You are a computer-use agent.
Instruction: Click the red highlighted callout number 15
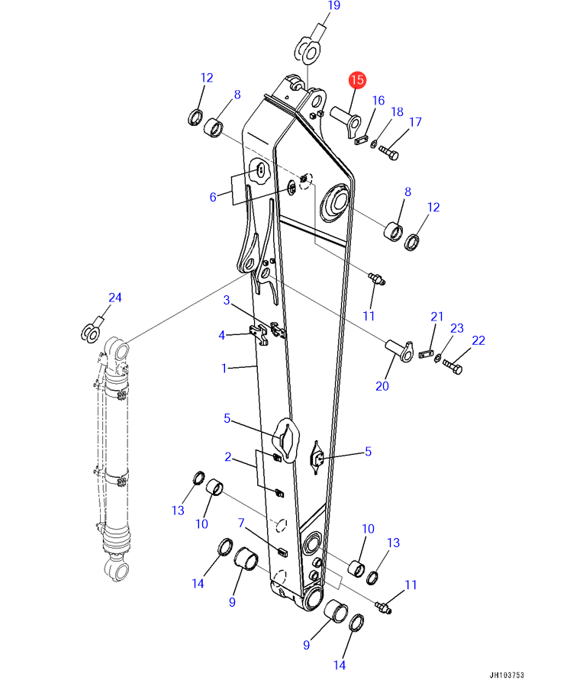pos(357,79)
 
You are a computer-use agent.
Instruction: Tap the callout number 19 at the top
pos(333,5)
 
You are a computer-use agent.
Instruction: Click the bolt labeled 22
pos(452,367)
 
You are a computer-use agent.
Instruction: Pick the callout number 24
pos(115,298)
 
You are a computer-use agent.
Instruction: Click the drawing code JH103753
pos(507,675)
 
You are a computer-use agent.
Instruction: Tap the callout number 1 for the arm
pos(224,369)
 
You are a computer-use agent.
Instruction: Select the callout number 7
pos(241,523)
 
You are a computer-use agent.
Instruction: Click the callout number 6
pos(213,198)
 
